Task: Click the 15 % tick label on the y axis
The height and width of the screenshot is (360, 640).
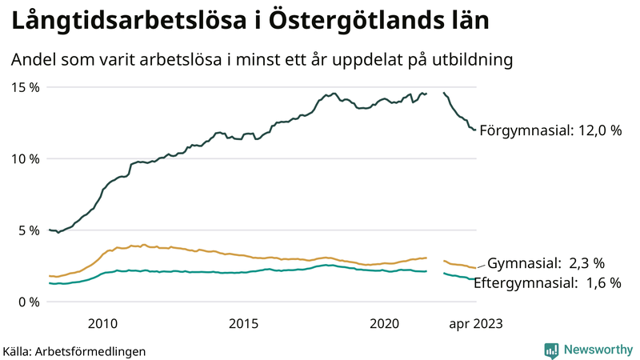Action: (25, 86)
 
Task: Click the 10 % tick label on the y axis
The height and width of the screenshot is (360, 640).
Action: (25, 158)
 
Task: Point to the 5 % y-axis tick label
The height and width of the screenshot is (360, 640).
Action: (28, 230)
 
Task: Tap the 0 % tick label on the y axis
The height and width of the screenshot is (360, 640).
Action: (28, 302)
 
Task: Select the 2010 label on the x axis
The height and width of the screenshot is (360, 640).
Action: (102, 323)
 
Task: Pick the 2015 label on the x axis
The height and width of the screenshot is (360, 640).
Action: (243, 323)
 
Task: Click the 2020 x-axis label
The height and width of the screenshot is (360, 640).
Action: (384, 323)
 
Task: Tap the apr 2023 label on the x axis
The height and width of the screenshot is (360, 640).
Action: (475, 323)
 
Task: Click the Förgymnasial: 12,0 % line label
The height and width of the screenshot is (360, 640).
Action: (550, 130)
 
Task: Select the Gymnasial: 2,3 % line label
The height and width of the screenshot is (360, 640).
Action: (546, 262)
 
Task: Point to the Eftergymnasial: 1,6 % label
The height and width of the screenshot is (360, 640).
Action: (547, 282)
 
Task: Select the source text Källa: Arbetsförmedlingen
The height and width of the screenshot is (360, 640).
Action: (74, 350)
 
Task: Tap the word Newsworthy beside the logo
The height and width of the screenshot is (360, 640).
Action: (598, 350)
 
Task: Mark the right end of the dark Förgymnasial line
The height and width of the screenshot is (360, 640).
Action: (475, 130)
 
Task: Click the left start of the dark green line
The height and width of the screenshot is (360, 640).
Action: (50, 230)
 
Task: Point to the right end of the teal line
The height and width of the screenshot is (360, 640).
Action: (475, 278)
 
